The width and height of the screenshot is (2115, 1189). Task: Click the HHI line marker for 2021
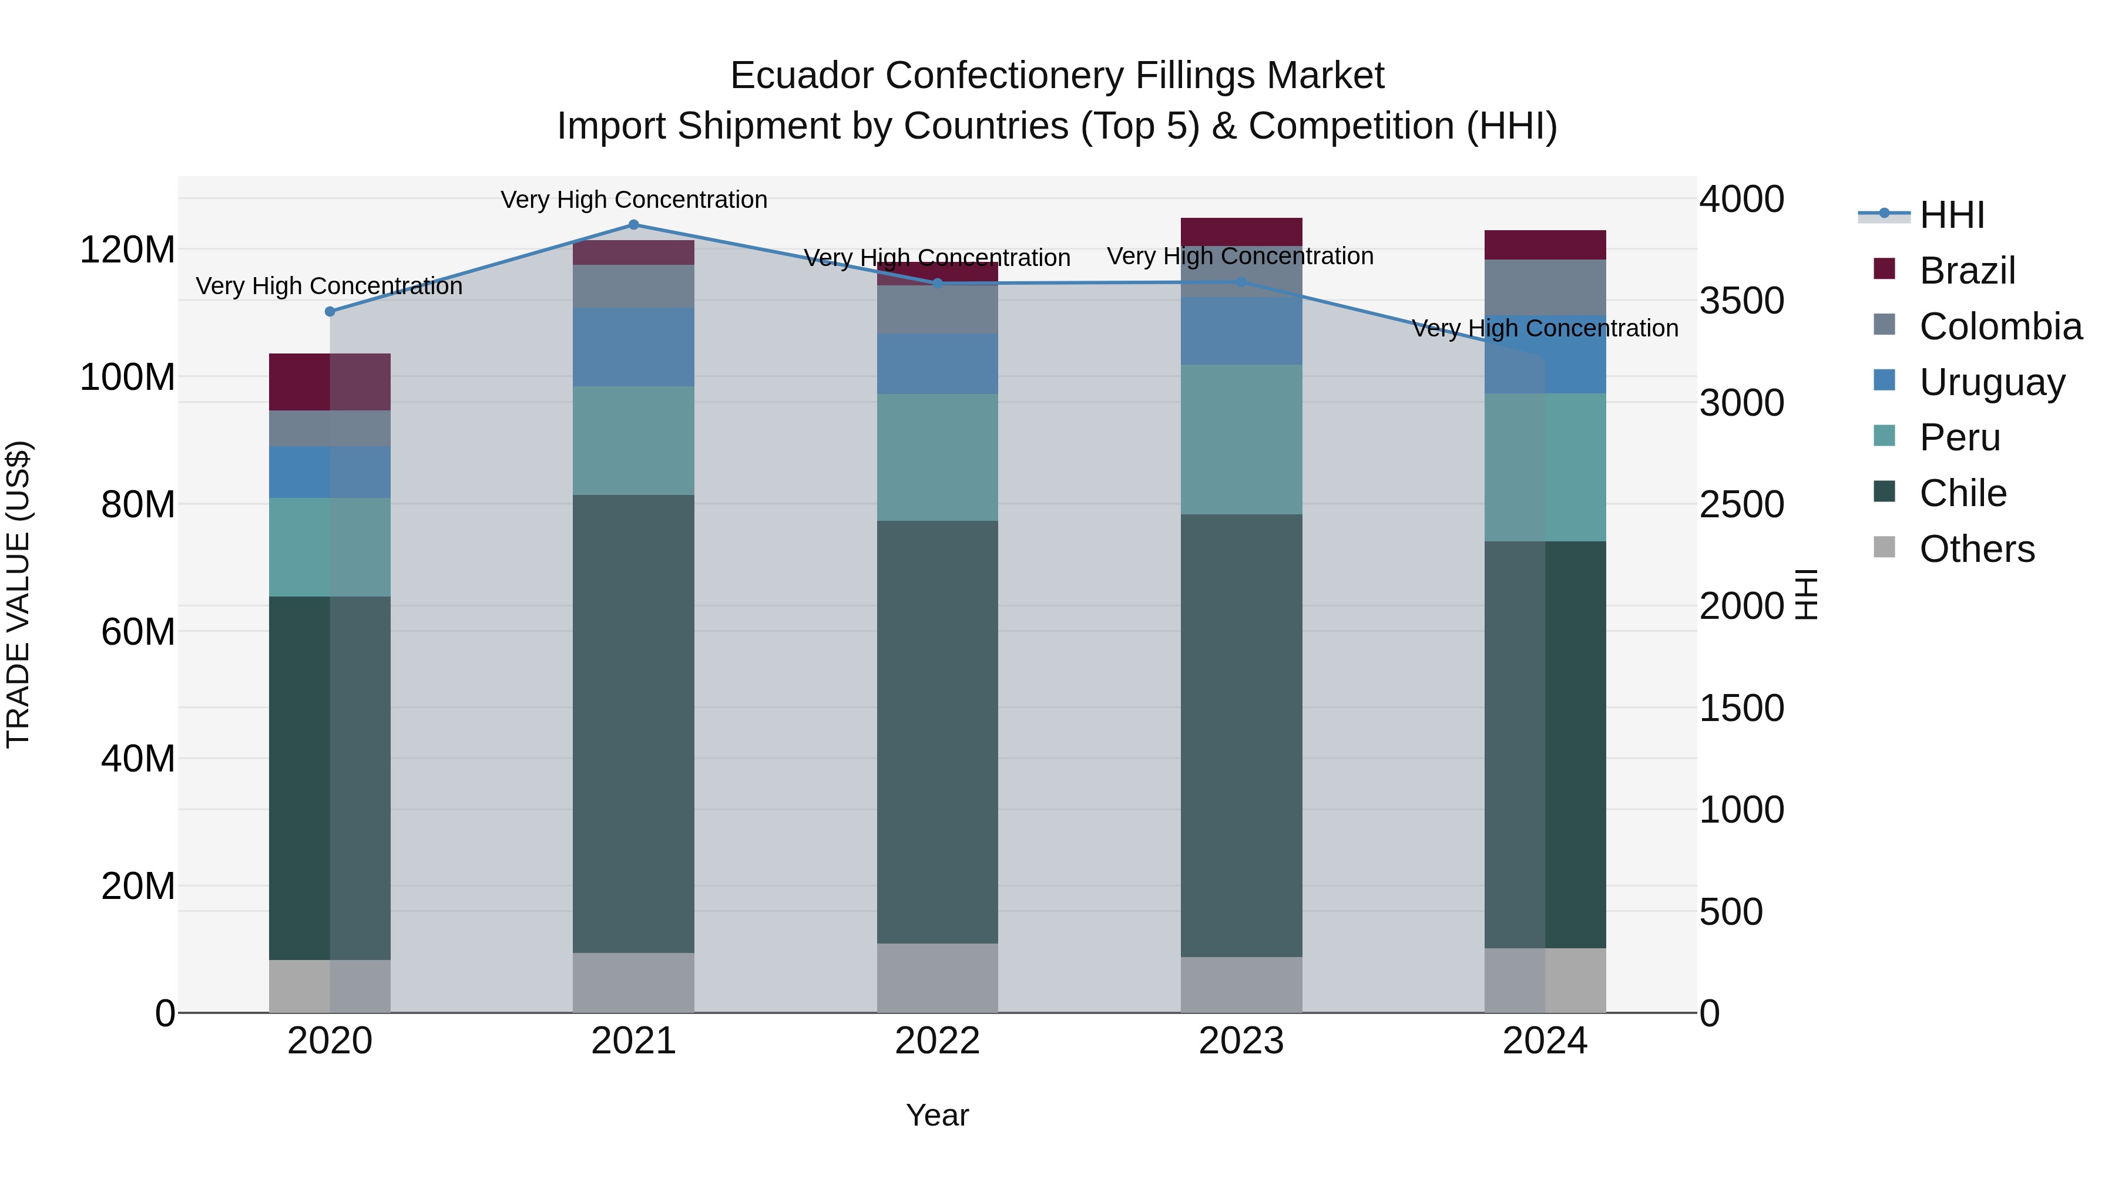[633, 224]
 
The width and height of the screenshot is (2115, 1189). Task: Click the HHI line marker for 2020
[330, 311]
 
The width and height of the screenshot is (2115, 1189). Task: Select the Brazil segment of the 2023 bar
[1241, 231]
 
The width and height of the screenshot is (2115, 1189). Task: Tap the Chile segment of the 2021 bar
[633, 722]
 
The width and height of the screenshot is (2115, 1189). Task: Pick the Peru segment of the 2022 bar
[937, 457]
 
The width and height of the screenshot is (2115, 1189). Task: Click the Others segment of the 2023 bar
[1241, 984]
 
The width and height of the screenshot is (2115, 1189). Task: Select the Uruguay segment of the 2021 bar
[633, 346]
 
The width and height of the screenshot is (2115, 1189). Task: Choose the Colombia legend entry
[2000, 326]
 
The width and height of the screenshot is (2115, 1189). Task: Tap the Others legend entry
[1976, 549]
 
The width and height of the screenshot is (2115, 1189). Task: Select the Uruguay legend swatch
[1884, 380]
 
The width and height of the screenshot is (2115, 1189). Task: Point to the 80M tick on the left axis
[138, 504]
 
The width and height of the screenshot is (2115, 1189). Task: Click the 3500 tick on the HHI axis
[1741, 301]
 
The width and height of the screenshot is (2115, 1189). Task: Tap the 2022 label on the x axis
[937, 1041]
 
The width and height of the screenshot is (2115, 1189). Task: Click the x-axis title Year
[937, 1115]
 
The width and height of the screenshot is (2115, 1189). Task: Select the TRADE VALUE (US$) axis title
[18, 594]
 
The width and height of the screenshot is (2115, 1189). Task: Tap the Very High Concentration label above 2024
[1545, 328]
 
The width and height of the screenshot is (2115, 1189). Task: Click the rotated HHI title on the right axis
[1807, 594]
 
